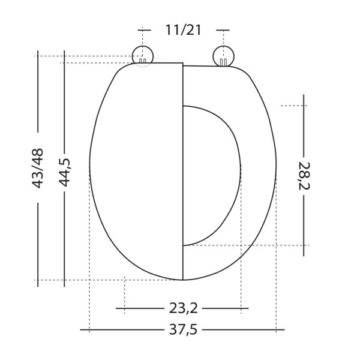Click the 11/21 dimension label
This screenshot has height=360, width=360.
pos(183,30)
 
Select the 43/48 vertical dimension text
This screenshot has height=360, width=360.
pos(37,168)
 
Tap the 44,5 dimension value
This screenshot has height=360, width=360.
pos(65,172)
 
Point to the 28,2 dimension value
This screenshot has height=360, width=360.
pos(304,176)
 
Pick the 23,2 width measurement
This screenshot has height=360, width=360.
pos(184,308)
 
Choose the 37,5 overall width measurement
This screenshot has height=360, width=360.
pos(183,329)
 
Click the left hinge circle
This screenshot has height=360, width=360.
pos(143,56)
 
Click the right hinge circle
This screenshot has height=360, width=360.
pos(223,56)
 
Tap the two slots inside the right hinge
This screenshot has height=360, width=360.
pos(223,62)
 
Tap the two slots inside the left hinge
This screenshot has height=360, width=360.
pos(143,61)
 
